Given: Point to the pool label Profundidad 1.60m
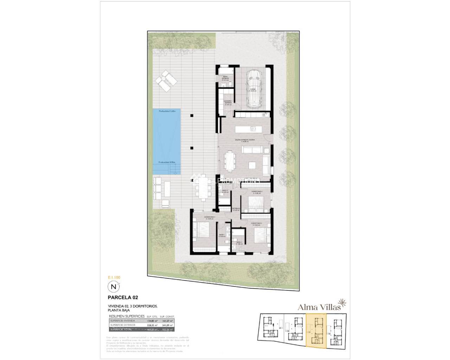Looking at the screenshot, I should pyautogui.click(x=167, y=111).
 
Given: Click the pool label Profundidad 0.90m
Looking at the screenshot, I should pyautogui.click(x=167, y=162).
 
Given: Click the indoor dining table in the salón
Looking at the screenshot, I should pyautogui.click(x=230, y=160).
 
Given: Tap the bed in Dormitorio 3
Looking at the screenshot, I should pyautogui.click(x=256, y=203).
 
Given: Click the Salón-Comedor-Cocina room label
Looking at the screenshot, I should pyautogui.click(x=245, y=140).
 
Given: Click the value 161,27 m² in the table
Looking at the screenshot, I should pyautogui.click(x=167, y=321).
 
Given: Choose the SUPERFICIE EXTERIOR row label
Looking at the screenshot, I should pyautogui.click(x=122, y=325).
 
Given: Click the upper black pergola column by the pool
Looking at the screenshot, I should pyautogui.click(x=192, y=114).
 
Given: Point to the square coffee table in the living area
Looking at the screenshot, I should pyautogui.click(x=252, y=165).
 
